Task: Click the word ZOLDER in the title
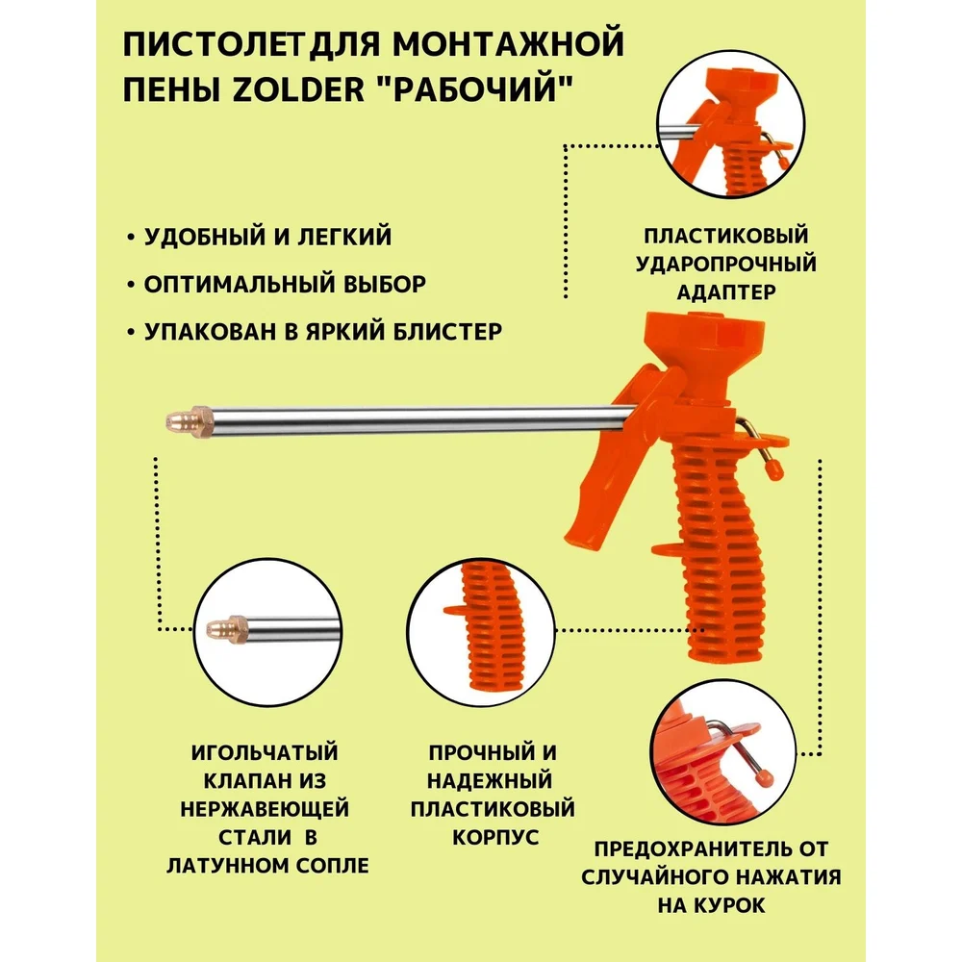pyautogui.click(x=299, y=89)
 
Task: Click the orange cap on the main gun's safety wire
pyautogui.click(x=774, y=469)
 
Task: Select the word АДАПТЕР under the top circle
pyautogui.click(x=726, y=292)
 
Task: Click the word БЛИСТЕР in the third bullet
pyautogui.click(x=447, y=331)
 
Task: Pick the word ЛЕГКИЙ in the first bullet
pyautogui.click(x=344, y=237)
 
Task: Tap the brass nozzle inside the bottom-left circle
pyautogui.click(x=224, y=628)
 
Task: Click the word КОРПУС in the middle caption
pyautogui.click(x=495, y=837)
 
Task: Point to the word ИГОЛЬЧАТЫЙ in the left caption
pyautogui.click(x=266, y=752)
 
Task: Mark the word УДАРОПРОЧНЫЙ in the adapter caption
pyautogui.click(x=726, y=264)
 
